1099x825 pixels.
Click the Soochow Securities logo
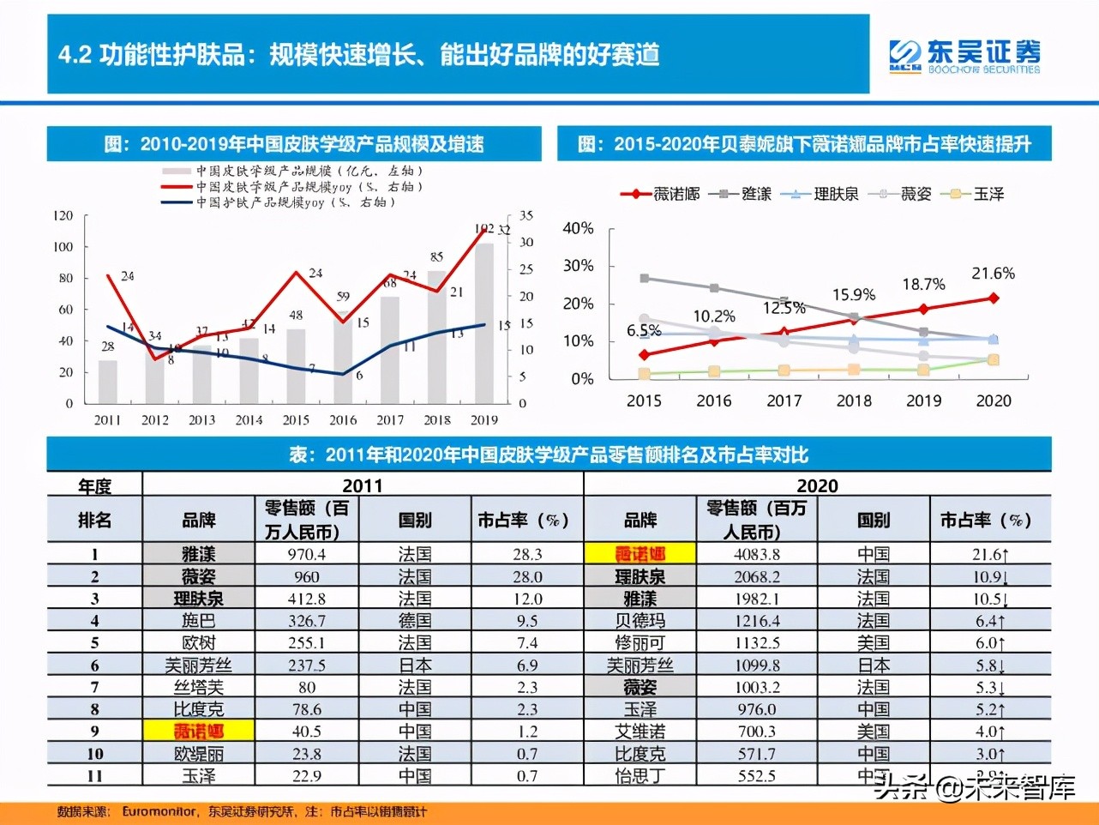(x=964, y=57)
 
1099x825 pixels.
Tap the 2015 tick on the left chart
(x=296, y=420)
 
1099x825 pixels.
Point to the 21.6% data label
(x=993, y=274)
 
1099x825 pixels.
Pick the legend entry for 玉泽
(x=972, y=194)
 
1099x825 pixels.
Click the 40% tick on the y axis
(x=578, y=228)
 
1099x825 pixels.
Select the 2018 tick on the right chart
(x=854, y=400)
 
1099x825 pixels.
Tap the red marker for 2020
(x=994, y=298)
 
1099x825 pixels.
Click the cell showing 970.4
(x=306, y=555)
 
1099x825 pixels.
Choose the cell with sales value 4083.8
(x=756, y=555)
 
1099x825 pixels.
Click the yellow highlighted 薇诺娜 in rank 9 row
(x=198, y=732)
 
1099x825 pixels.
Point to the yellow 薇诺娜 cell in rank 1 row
(x=640, y=555)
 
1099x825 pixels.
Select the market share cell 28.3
(x=526, y=555)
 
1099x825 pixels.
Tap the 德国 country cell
(x=415, y=621)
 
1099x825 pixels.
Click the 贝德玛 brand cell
(x=640, y=621)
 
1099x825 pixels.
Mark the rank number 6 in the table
(x=94, y=665)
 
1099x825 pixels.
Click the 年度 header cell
(x=94, y=486)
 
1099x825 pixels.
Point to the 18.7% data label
(x=923, y=284)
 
